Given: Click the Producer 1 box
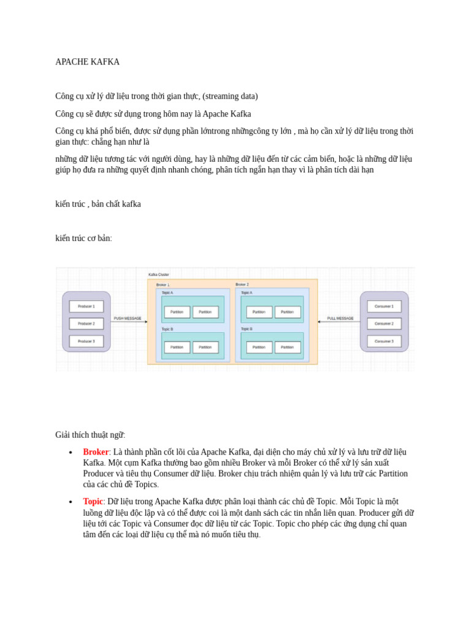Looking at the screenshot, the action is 86,306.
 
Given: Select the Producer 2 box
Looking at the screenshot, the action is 86,323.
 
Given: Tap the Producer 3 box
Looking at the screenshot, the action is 86,341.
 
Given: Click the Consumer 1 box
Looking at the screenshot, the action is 384,306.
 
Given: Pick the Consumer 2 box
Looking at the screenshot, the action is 384,323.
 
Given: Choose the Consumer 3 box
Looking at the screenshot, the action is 384,341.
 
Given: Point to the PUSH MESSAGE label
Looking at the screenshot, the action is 128,318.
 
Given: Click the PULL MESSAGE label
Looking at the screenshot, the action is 340,318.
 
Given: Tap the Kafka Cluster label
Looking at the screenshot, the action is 159,275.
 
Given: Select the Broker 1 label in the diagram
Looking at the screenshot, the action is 163,285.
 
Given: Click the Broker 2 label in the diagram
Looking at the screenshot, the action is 242,285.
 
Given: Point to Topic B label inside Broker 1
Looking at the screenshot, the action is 167,329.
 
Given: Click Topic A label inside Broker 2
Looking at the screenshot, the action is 247,293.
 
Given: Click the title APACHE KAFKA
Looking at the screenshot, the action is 87,62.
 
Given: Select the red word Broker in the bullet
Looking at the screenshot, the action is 96,452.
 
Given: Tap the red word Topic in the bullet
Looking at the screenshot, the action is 93,502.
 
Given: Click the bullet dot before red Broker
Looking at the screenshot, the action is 71,453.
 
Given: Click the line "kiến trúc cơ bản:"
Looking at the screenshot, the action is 83,239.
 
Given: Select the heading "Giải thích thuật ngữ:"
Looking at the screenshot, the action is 90,435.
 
